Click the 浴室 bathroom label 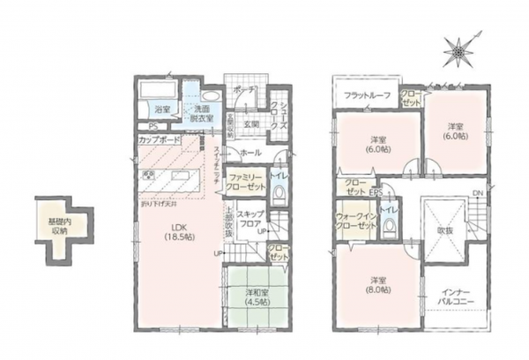(161, 109)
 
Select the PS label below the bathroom (152, 125)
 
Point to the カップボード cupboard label (160, 139)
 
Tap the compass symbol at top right (458, 50)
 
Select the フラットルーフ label (365, 95)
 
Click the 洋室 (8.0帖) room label (380, 287)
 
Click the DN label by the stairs (477, 193)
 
